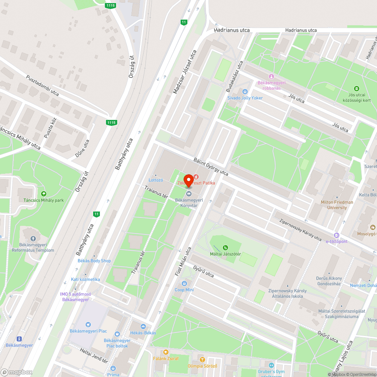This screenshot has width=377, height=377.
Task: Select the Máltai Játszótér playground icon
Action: [x=225, y=248]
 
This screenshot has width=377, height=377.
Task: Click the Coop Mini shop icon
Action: [x=184, y=284]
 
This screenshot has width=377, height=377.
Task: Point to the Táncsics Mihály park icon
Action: [x=43, y=194]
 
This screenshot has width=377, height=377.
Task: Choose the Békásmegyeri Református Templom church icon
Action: [x=33, y=239]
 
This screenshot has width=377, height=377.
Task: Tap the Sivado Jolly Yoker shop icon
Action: [x=245, y=91]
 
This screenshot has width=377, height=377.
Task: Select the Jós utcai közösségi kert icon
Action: [x=357, y=87]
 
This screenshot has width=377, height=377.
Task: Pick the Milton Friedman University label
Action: [x=337, y=205]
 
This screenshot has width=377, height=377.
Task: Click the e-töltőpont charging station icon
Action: [x=337, y=235]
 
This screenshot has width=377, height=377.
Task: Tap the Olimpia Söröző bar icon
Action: [x=202, y=360]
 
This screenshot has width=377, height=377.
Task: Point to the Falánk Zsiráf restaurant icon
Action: [x=166, y=352]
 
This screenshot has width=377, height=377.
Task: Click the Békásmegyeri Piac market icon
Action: [x=88, y=324]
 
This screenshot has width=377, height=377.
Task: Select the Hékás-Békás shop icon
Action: [x=143, y=326]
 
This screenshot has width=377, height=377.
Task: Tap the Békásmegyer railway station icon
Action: [x=19, y=339]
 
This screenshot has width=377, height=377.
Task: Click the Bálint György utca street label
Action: [x=211, y=167]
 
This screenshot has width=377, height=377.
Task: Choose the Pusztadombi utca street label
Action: [x=43, y=85]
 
